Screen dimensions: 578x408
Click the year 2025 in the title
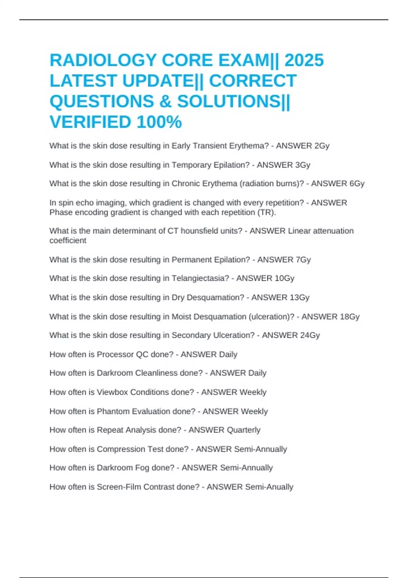304,61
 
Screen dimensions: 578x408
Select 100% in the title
159,122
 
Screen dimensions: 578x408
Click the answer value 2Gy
322,146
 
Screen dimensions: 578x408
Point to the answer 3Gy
303,165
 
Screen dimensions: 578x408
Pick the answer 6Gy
357,184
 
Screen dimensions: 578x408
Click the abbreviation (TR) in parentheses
268,213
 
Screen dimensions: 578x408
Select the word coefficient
68,240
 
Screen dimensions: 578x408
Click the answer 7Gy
303,260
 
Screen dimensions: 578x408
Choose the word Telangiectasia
200,278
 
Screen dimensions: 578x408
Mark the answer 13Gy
299,297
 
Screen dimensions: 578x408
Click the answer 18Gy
350,317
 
